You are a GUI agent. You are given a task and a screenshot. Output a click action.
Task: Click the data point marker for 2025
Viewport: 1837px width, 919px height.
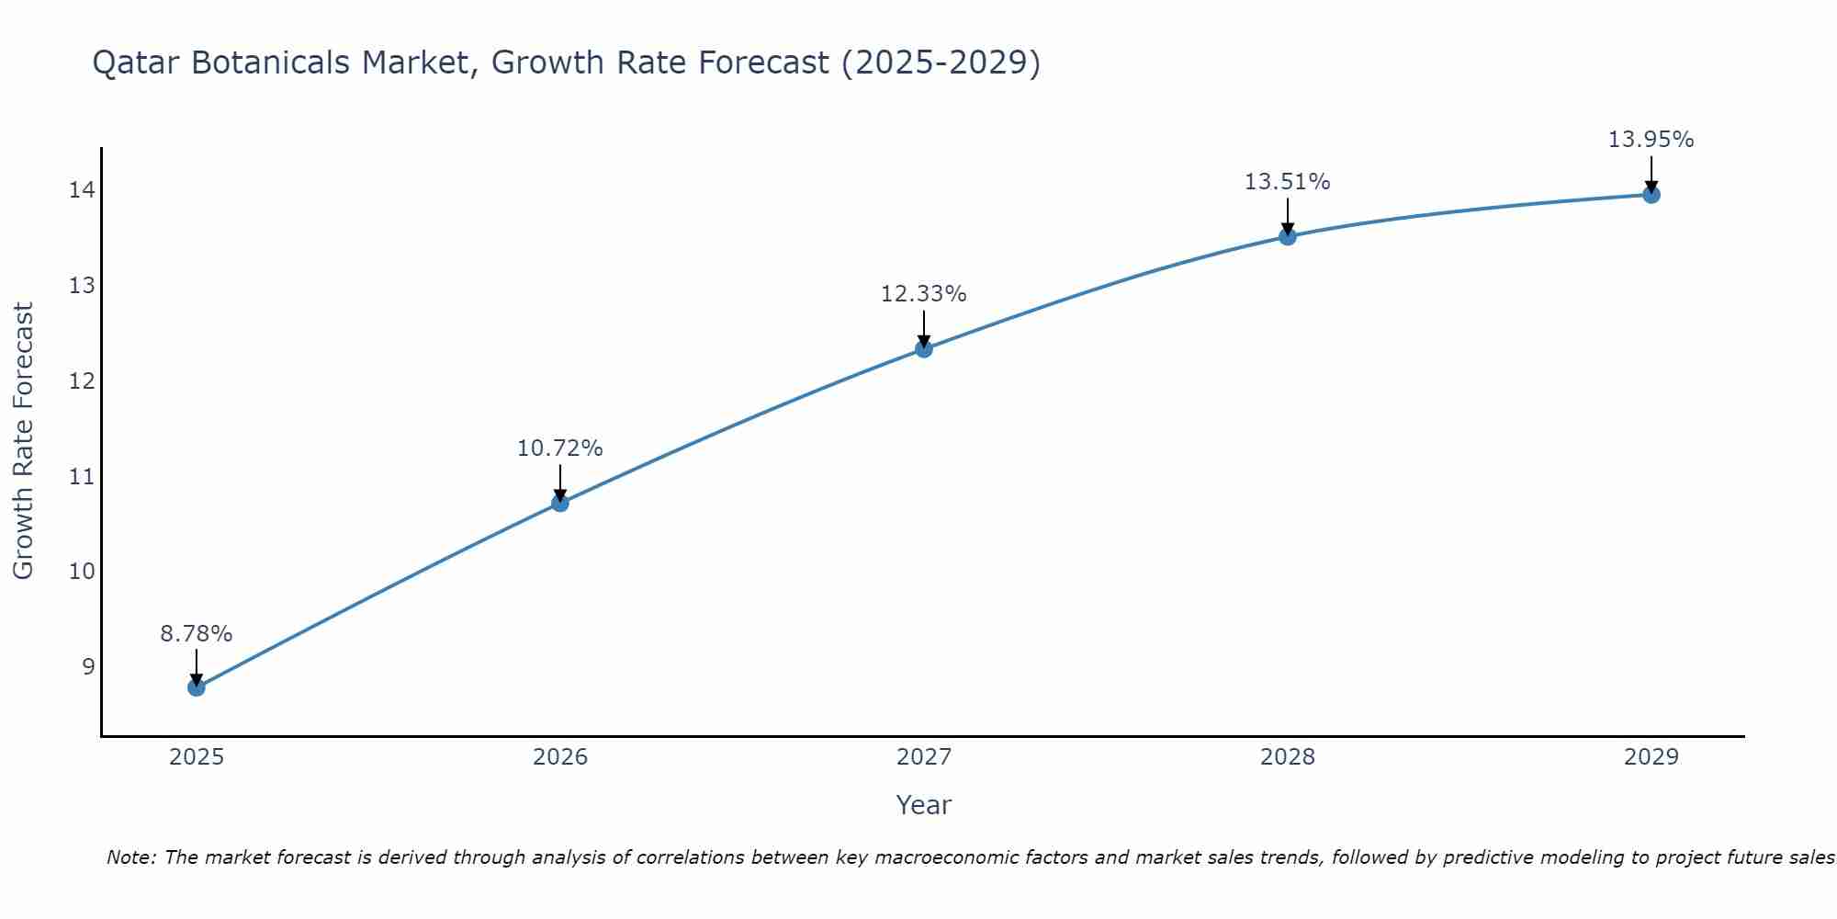(x=197, y=687)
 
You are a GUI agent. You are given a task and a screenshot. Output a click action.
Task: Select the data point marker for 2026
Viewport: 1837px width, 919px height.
(x=560, y=503)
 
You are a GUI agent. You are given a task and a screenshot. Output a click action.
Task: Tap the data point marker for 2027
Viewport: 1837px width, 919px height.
(x=924, y=349)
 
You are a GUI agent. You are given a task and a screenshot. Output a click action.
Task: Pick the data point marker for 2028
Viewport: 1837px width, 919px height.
(x=1288, y=236)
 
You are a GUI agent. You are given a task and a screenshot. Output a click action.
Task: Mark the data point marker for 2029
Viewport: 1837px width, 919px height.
(x=1651, y=195)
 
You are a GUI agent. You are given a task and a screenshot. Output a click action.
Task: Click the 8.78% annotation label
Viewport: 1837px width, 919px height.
(x=197, y=634)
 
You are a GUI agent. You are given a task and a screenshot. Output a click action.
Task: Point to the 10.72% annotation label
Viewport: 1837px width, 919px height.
(x=560, y=448)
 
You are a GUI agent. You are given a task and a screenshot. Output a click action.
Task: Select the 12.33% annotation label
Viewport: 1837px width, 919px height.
(x=924, y=294)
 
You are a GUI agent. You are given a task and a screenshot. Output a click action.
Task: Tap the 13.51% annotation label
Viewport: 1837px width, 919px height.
(x=1288, y=182)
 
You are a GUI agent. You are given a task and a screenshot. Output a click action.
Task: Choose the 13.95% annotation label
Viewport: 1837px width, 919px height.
(x=1651, y=140)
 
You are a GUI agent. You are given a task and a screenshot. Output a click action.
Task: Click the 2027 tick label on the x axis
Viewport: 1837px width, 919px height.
(x=924, y=757)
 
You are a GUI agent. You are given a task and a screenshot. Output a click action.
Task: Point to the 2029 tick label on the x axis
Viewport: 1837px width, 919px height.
(x=1651, y=757)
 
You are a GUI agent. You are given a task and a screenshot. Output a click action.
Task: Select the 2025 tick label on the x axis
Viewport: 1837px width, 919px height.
(x=197, y=757)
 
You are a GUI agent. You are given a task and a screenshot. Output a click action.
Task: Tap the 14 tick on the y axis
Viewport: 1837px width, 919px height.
(x=82, y=190)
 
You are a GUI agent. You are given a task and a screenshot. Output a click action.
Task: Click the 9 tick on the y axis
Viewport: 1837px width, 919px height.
(x=88, y=666)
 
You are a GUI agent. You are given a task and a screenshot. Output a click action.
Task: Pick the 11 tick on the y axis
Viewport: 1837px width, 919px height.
(x=82, y=476)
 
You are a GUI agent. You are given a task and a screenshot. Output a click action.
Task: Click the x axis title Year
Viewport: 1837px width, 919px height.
(x=924, y=805)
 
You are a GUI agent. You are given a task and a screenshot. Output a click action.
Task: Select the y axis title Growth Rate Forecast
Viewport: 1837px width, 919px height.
(x=24, y=441)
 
